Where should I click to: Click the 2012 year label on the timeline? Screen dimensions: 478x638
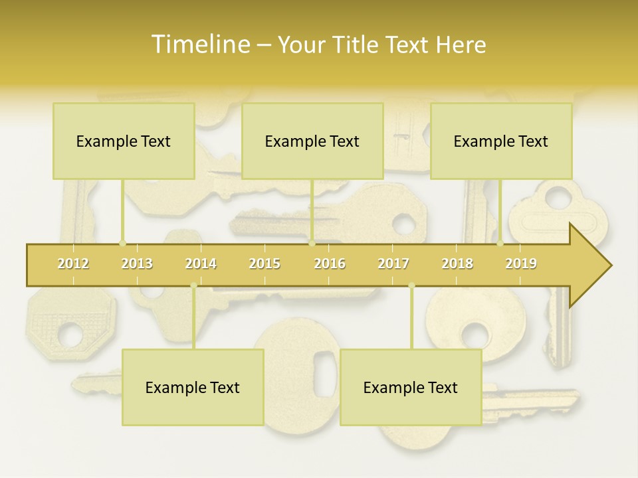[x=73, y=264]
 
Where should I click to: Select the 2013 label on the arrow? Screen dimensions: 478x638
[x=137, y=264]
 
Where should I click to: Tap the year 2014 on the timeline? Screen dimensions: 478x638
[x=201, y=264]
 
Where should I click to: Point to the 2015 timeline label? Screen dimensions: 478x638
[x=265, y=264]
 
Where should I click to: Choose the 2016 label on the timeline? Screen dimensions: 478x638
[x=330, y=264]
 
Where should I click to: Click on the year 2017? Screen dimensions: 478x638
[x=393, y=264]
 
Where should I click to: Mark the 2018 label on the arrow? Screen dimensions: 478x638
[x=457, y=264]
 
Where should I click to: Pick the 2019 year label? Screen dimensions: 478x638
[x=521, y=264]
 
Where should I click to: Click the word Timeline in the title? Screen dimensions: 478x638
[x=199, y=44]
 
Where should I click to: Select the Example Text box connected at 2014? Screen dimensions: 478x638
[x=193, y=387]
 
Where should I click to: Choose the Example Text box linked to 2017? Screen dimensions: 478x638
[x=411, y=387]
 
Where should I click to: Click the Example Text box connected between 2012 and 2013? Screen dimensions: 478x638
[x=124, y=141]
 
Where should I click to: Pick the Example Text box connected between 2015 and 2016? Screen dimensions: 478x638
[x=312, y=141]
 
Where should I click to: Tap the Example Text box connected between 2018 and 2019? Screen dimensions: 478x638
[x=501, y=141]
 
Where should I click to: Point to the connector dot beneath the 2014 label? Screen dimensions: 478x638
[x=193, y=285]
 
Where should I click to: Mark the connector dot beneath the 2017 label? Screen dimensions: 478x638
[x=411, y=285]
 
